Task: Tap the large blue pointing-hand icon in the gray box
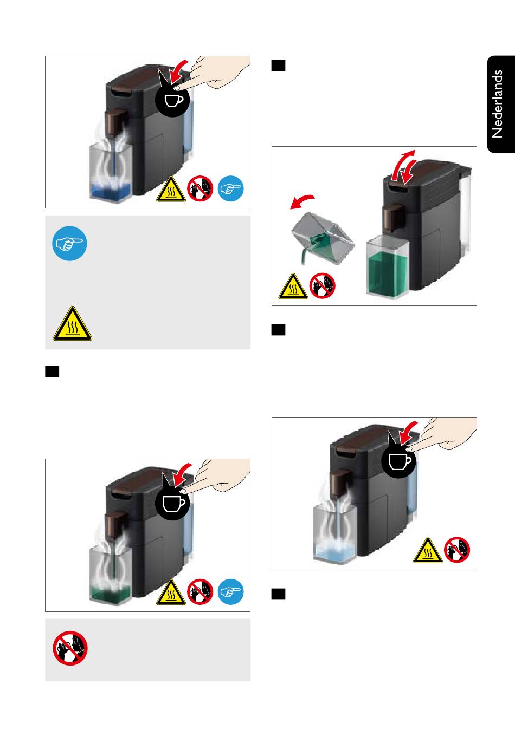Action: (x=69, y=244)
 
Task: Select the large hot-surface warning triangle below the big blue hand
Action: (x=73, y=323)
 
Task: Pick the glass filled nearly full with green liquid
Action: (x=387, y=267)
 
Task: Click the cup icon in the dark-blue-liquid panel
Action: (x=172, y=100)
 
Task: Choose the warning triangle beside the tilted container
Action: (x=293, y=286)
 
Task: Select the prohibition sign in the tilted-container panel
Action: (x=322, y=285)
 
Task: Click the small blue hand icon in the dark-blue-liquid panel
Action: (x=230, y=188)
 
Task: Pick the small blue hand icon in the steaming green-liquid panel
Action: (x=230, y=591)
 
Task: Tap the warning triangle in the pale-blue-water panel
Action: (x=428, y=550)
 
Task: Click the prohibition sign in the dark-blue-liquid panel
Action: (x=200, y=188)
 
